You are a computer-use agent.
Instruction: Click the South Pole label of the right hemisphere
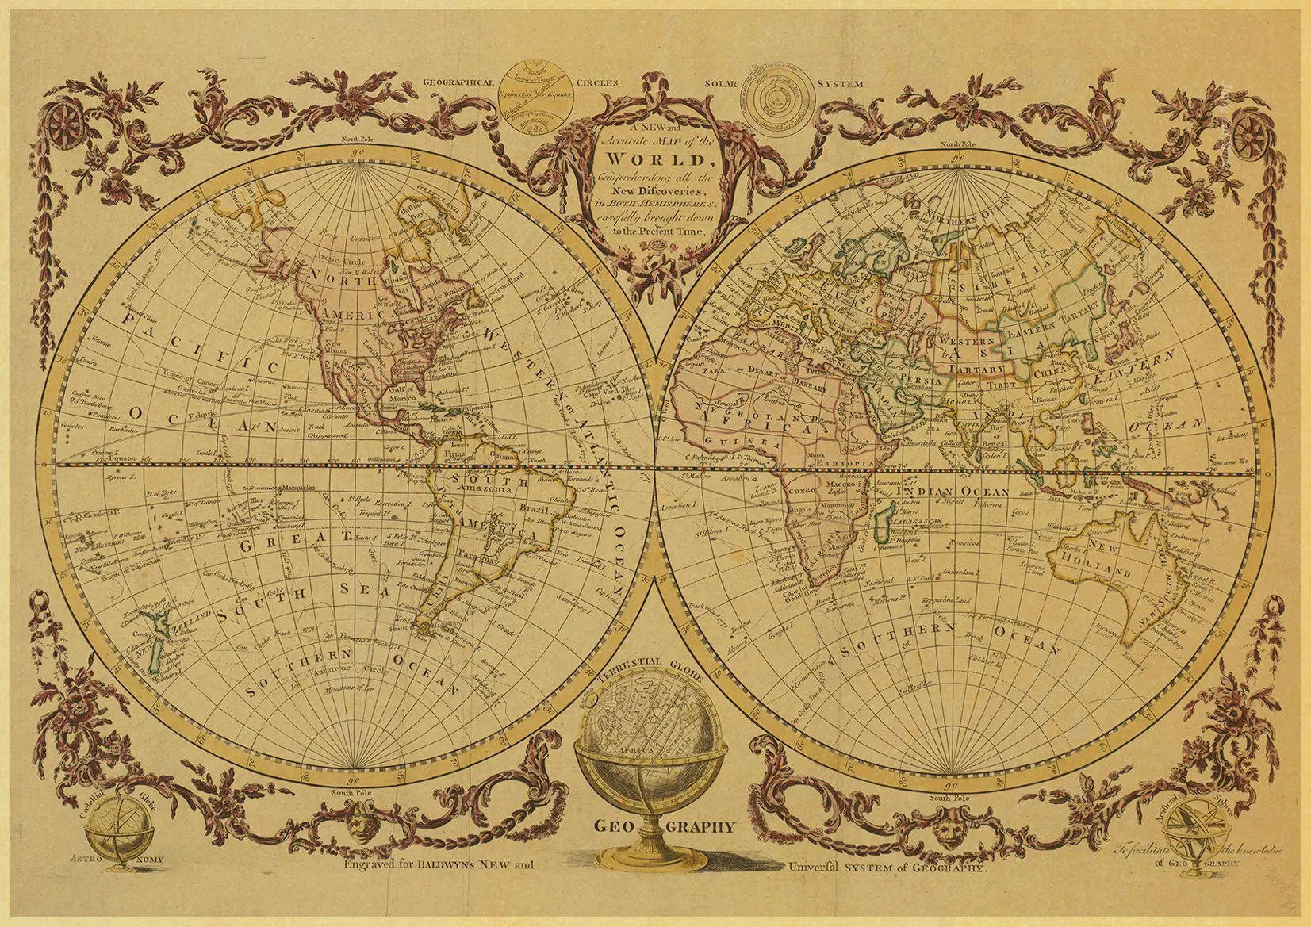point(950,798)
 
